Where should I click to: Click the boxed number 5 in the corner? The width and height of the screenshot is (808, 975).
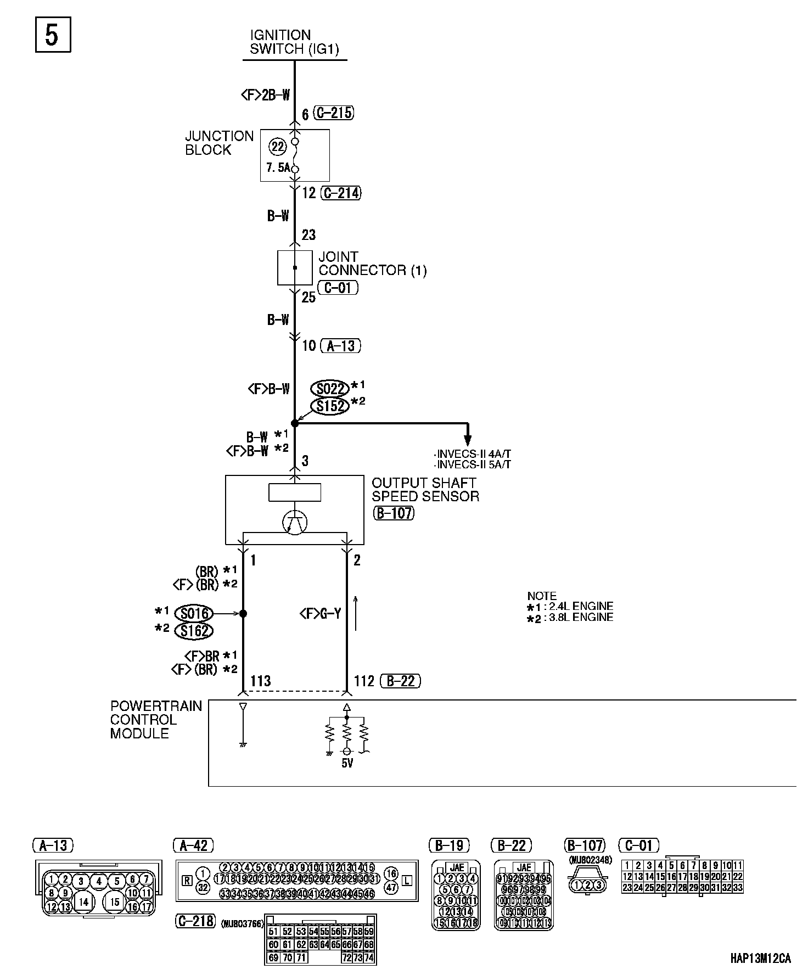tap(53, 35)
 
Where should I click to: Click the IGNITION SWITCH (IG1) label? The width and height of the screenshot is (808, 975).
tap(294, 42)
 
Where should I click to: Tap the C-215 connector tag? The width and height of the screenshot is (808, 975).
tap(333, 113)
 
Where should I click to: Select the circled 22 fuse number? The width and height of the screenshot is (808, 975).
tap(278, 147)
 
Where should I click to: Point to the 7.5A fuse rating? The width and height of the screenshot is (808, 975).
tap(278, 168)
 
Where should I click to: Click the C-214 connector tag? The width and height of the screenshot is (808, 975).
tap(340, 193)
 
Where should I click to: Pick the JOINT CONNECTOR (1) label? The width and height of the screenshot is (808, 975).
tap(372, 264)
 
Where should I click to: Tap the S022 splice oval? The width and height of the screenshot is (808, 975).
tap(330, 389)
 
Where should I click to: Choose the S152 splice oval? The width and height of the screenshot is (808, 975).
tap(330, 406)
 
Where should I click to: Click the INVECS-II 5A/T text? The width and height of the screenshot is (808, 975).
tap(472, 464)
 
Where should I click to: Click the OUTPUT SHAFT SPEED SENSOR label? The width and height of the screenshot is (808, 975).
tap(425, 490)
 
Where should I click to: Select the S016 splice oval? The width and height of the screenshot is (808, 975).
tap(193, 613)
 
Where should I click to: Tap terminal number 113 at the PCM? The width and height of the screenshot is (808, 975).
tap(261, 681)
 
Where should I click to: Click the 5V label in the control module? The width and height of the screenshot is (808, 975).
tap(347, 763)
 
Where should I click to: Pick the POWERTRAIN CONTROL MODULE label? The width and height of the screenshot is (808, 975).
tap(156, 720)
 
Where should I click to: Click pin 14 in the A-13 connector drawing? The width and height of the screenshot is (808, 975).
tap(83, 901)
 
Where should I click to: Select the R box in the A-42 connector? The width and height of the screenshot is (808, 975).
tap(187, 881)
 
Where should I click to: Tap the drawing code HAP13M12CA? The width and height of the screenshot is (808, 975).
tap(761, 959)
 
